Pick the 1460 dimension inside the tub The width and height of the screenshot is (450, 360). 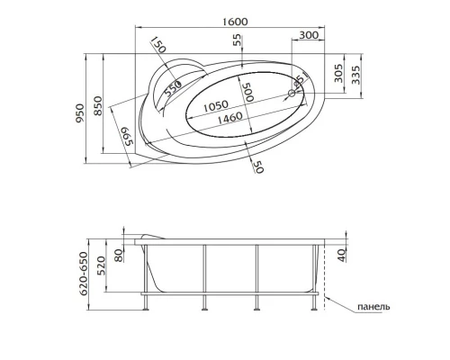pyautogui.click(x=217, y=118)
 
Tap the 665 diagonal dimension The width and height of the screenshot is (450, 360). pyautogui.click(x=128, y=138)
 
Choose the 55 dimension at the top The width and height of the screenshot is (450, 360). pyautogui.click(x=238, y=41)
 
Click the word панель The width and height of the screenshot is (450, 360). pyautogui.click(x=373, y=307)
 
